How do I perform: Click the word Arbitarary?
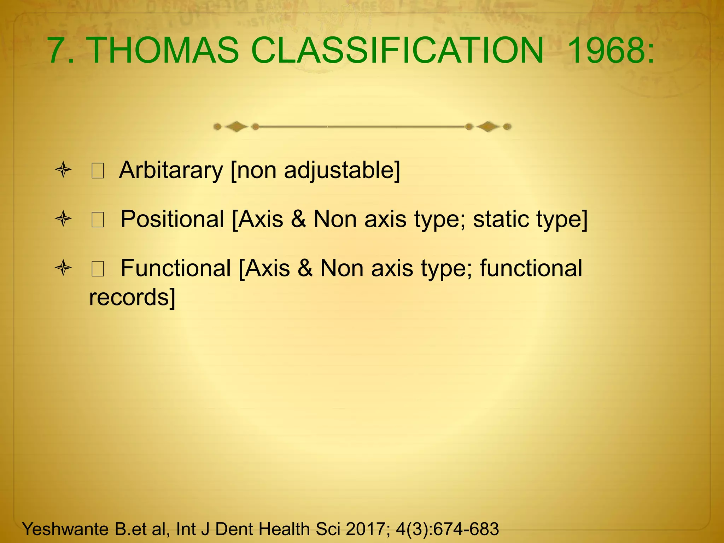point(171,171)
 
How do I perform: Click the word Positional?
point(173,219)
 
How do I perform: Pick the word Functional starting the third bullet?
point(176,268)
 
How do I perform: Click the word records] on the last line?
point(132,297)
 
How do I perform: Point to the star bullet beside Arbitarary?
point(64,170)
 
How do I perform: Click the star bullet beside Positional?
point(64,219)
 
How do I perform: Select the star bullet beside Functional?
point(64,268)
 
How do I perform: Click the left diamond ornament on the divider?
point(237,127)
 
